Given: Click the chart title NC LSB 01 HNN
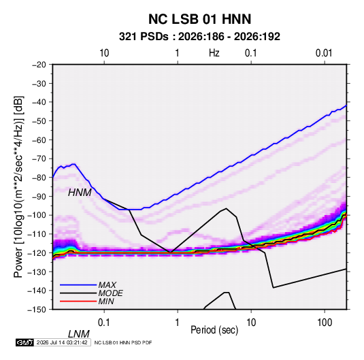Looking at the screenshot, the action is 199,19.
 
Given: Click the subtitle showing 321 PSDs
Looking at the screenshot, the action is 199,37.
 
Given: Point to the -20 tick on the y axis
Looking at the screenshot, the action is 39,65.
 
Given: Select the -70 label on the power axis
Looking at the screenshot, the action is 39,159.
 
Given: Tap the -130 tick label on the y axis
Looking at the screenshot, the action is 37,272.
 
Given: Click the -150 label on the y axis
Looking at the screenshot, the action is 37,310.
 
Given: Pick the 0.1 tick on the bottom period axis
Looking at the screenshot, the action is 104,323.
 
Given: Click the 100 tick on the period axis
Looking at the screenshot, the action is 325,323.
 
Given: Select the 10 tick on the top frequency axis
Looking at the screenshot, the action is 104,53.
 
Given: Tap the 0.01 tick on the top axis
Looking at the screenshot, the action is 324,53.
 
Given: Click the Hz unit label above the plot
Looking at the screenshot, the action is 214,53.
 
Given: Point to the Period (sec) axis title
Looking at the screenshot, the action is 214,330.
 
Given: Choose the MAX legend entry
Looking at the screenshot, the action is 107,284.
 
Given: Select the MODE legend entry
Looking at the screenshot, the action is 110,293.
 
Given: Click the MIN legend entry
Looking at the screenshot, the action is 106,301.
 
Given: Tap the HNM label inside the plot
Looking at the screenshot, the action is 80,193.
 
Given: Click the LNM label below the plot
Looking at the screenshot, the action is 79,334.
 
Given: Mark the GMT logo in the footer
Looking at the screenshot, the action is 24,342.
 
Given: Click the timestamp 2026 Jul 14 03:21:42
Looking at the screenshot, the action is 62,342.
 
